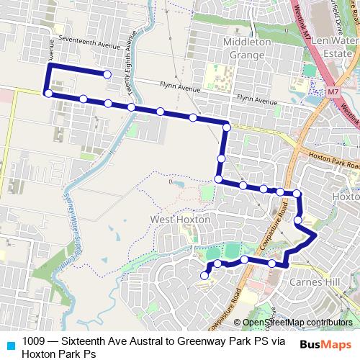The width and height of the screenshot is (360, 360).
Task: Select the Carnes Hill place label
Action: tap(331, 282)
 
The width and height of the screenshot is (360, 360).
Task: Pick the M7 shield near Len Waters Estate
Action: tap(333, 91)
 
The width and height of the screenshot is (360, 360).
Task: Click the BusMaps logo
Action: tap(326, 344)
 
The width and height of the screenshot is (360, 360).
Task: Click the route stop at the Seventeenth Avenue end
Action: tap(107, 74)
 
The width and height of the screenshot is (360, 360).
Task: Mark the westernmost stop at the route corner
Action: tap(48, 93)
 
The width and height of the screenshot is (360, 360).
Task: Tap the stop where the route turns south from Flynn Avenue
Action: tap(226, 127)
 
